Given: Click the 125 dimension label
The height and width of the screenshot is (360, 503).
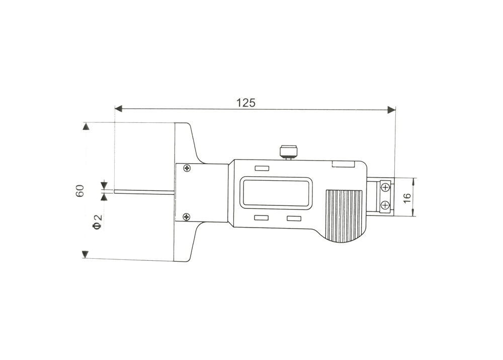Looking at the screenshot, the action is point(246,103).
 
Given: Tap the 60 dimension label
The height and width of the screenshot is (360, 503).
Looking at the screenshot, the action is point(80,191).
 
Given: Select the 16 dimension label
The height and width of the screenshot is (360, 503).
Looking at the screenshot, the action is point(407,198).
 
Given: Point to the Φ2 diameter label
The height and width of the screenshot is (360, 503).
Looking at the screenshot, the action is point(97,222).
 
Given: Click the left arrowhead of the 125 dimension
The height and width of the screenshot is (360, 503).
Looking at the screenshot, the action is point(118,109).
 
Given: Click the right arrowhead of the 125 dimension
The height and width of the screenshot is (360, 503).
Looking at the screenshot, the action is point(391,110).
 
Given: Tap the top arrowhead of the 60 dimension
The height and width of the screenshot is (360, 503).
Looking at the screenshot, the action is point(86,126).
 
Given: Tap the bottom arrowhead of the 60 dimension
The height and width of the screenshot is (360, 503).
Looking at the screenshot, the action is point(85,254).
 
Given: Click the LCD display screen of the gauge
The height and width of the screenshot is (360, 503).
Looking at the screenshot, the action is point(277,193).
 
